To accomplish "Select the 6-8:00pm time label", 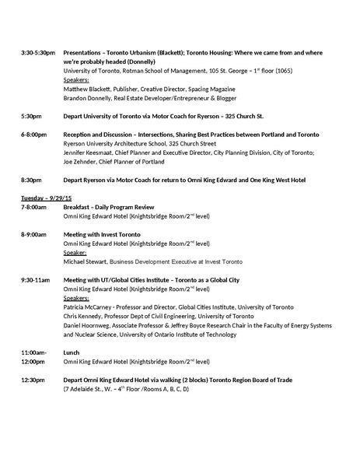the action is pyautogui.click(x=34, y=134).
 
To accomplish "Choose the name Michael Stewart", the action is pyautogui.click(x=84, y=261).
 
